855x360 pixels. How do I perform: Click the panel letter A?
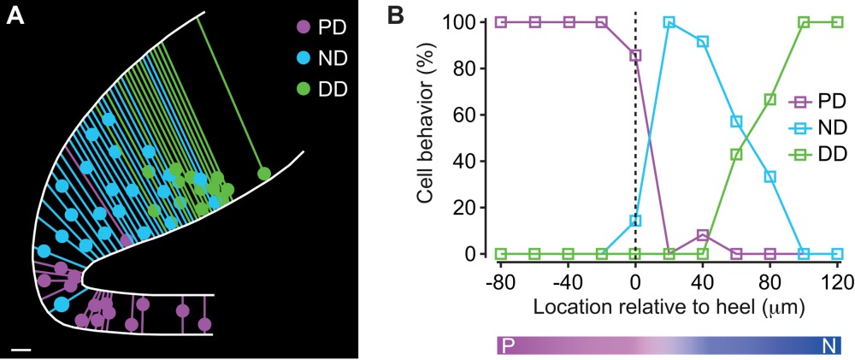(15, 17)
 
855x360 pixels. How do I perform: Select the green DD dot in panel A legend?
(300, 88)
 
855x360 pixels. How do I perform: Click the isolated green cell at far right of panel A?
(264, 174)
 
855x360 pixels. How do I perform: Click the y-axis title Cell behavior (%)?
(427, 139)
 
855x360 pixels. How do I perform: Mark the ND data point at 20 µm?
(669, 22)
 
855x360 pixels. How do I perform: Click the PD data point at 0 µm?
(635, 56)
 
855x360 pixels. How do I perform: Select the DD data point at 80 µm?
(770, 99)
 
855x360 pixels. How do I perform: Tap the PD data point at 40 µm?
(703, 235)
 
